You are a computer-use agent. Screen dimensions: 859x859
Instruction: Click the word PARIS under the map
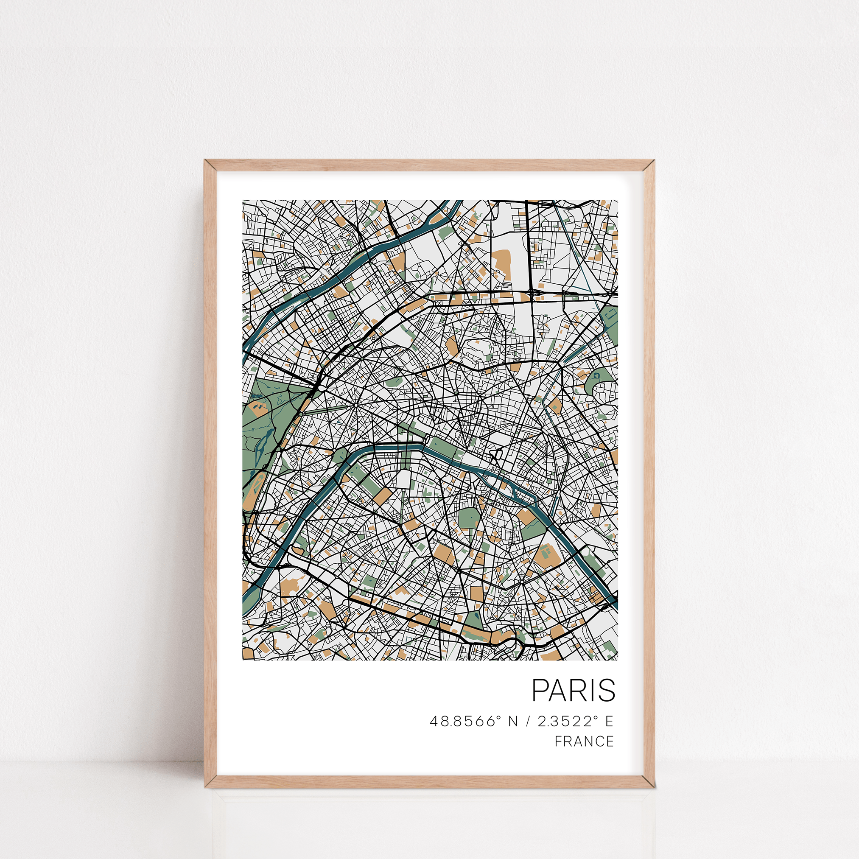(573, 691)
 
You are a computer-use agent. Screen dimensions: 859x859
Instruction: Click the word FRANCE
(584, 741)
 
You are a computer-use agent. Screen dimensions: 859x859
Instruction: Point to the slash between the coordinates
(528, 721)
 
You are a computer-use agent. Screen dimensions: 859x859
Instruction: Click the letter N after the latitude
(513, 721)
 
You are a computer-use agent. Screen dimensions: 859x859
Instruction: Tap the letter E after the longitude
(609, 721)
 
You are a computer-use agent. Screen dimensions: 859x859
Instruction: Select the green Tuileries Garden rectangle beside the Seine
(442, 446)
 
